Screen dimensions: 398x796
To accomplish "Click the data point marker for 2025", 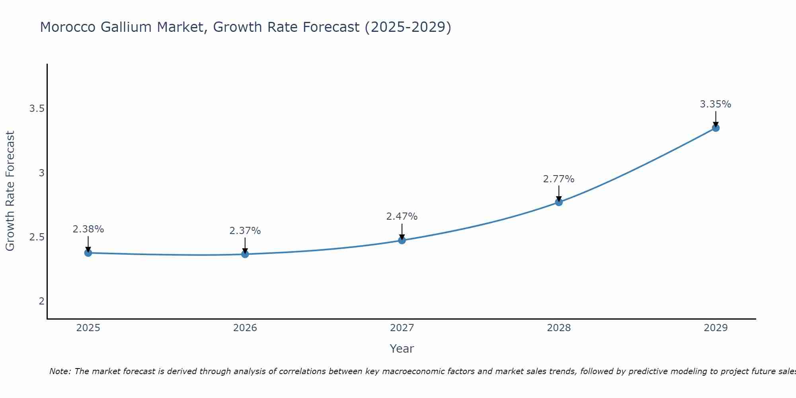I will [x=88, y=253].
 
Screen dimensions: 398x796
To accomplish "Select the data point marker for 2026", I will [x=245, y=254].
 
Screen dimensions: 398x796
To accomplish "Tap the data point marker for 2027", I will [x=402, y=240].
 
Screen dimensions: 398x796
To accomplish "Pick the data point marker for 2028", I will [x=559, y=202].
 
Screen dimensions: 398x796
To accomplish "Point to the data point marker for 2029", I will [x=716, y=128].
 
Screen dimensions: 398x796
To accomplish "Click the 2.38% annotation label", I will [x=88, y=229].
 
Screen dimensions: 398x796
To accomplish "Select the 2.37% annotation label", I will [x=245, y=231].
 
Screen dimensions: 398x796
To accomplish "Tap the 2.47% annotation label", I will [x=402, y=217].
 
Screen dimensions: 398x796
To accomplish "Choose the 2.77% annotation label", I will [x=559, y=179].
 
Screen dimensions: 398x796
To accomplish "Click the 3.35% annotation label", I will [x=716, y=104].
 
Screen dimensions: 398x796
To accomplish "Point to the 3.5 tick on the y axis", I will [x=37, y=109].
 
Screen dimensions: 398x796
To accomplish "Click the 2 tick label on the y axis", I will [x=41, y=301].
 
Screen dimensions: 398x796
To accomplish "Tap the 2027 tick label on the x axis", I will [x=402, y=328].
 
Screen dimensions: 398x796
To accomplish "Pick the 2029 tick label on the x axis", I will [x=716, y=328].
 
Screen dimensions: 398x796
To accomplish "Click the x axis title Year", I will [x=402, y=349].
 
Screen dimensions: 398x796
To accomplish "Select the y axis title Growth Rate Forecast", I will [x=10, y=191].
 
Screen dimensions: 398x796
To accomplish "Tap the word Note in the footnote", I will [x=59, y=371].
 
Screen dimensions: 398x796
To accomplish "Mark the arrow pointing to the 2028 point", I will [x=559, y=193].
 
